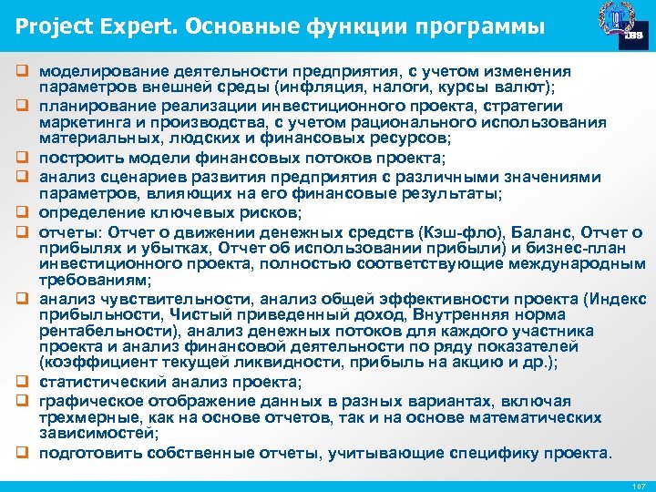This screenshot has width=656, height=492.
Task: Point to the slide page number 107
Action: pos(639,486)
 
